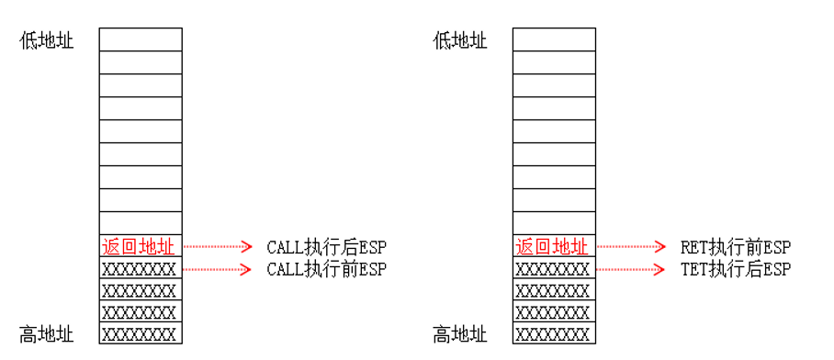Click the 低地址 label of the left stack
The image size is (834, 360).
[47, 41]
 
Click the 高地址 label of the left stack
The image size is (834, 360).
[47, 334]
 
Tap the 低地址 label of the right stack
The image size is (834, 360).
[460, 41]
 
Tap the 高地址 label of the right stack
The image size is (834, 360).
[460, 334]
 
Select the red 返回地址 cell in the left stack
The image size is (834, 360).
[141, 246]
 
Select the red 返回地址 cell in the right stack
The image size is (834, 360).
[553, 246]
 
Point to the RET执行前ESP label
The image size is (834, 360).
[735, 247]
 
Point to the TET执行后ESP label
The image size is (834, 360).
[735, 269]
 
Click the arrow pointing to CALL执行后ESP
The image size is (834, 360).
[218, 246]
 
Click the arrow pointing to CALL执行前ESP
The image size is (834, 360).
[218, 269]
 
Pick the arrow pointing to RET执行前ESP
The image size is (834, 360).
[631, 246]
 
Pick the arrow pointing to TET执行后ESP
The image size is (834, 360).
[631, 269]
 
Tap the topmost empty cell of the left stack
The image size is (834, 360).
[141, 39]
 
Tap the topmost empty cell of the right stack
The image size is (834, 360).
[553, 39]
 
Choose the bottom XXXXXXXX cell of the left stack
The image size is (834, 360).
[141, 333]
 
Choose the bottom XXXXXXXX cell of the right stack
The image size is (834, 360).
[553, 333]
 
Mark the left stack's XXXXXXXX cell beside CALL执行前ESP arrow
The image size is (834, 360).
[141, 269]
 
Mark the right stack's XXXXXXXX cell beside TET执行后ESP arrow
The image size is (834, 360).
[553, 269]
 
